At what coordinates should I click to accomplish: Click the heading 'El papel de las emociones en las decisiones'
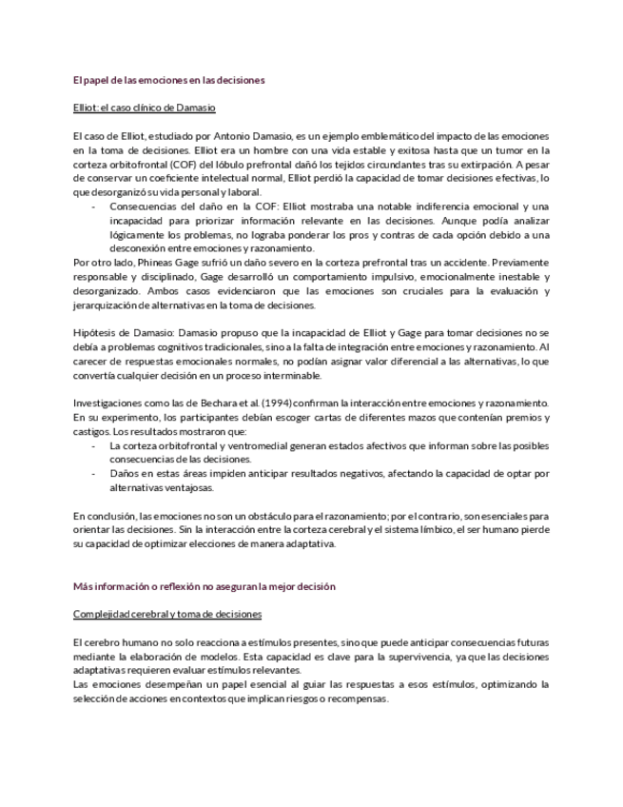tap(168, 81)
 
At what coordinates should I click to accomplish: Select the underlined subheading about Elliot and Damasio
tap(145, 108)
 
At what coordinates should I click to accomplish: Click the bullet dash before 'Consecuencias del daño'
tap(93, 206)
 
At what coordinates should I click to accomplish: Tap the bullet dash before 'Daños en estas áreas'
tap(93, 472)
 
